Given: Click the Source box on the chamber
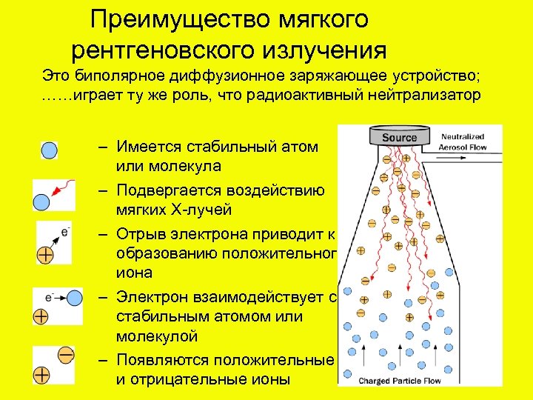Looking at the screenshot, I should [399, 138].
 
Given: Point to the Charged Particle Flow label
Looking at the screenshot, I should [399, 381].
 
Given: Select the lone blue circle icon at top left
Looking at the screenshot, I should [48, 150].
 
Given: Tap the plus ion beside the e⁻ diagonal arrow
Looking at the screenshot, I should [46, 255].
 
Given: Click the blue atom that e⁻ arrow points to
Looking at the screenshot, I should [74, 298].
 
